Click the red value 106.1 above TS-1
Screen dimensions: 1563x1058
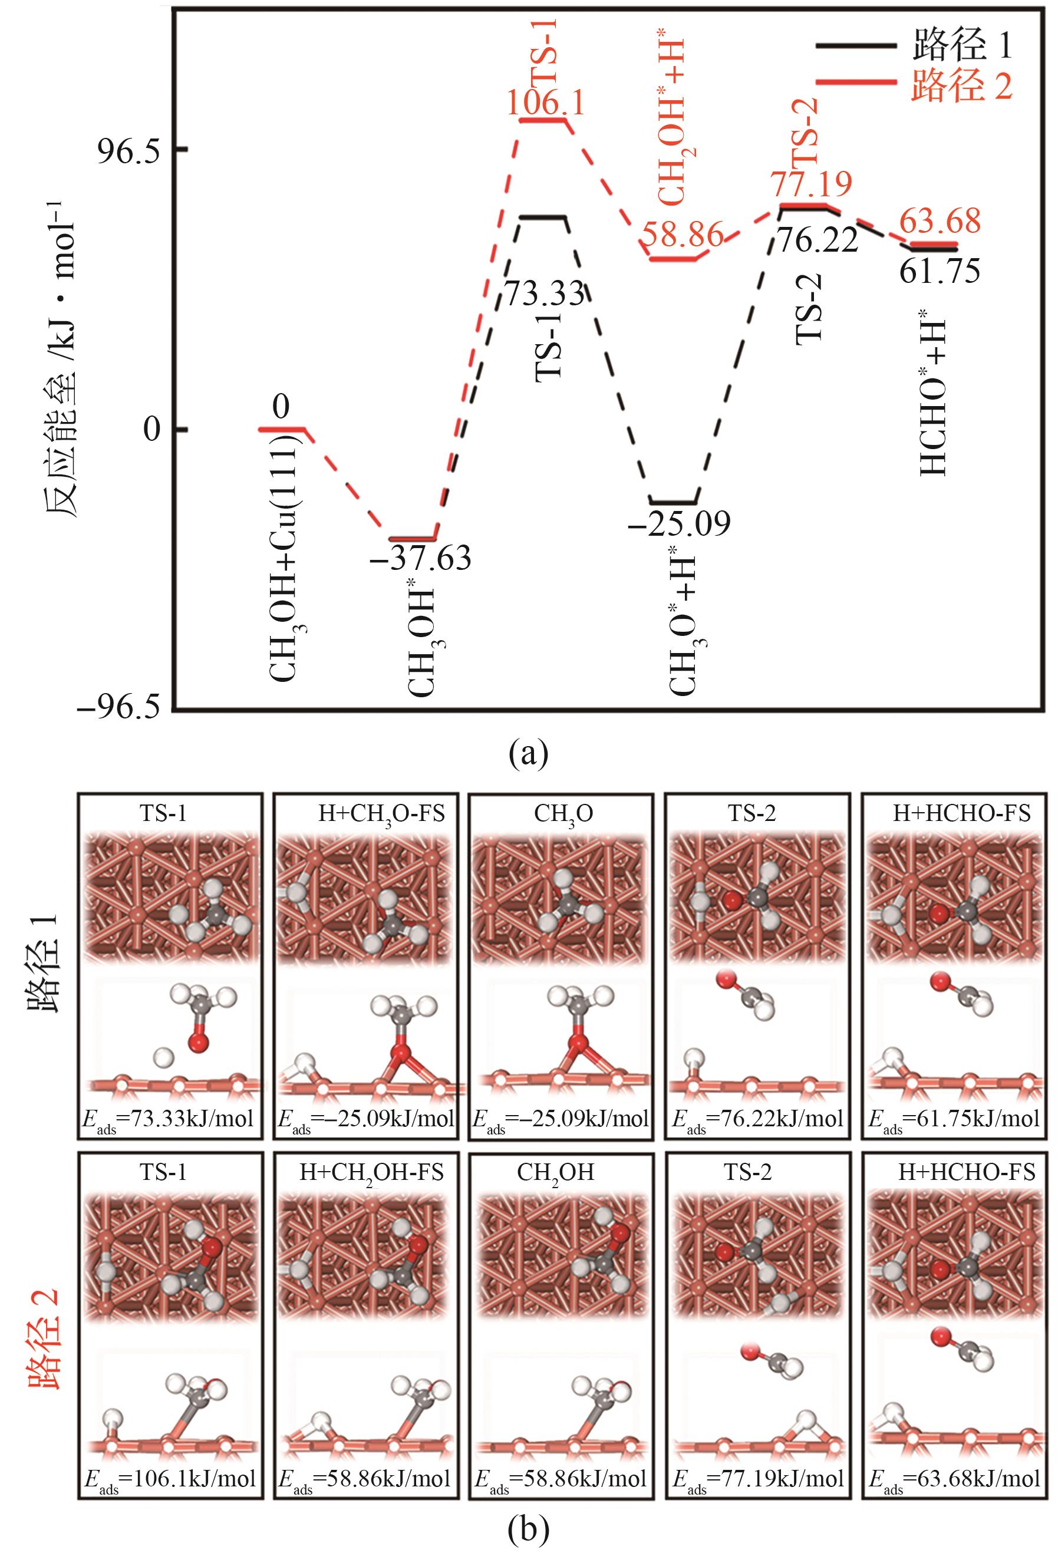545,104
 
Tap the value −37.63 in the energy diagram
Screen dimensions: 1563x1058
420,559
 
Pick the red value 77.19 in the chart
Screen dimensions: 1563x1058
811,184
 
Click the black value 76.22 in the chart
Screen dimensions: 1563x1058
817,240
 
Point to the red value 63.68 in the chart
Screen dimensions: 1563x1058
939,222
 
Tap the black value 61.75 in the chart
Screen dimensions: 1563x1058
939,271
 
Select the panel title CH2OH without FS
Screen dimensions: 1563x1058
556,1172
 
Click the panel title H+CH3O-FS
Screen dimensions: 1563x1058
381,814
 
